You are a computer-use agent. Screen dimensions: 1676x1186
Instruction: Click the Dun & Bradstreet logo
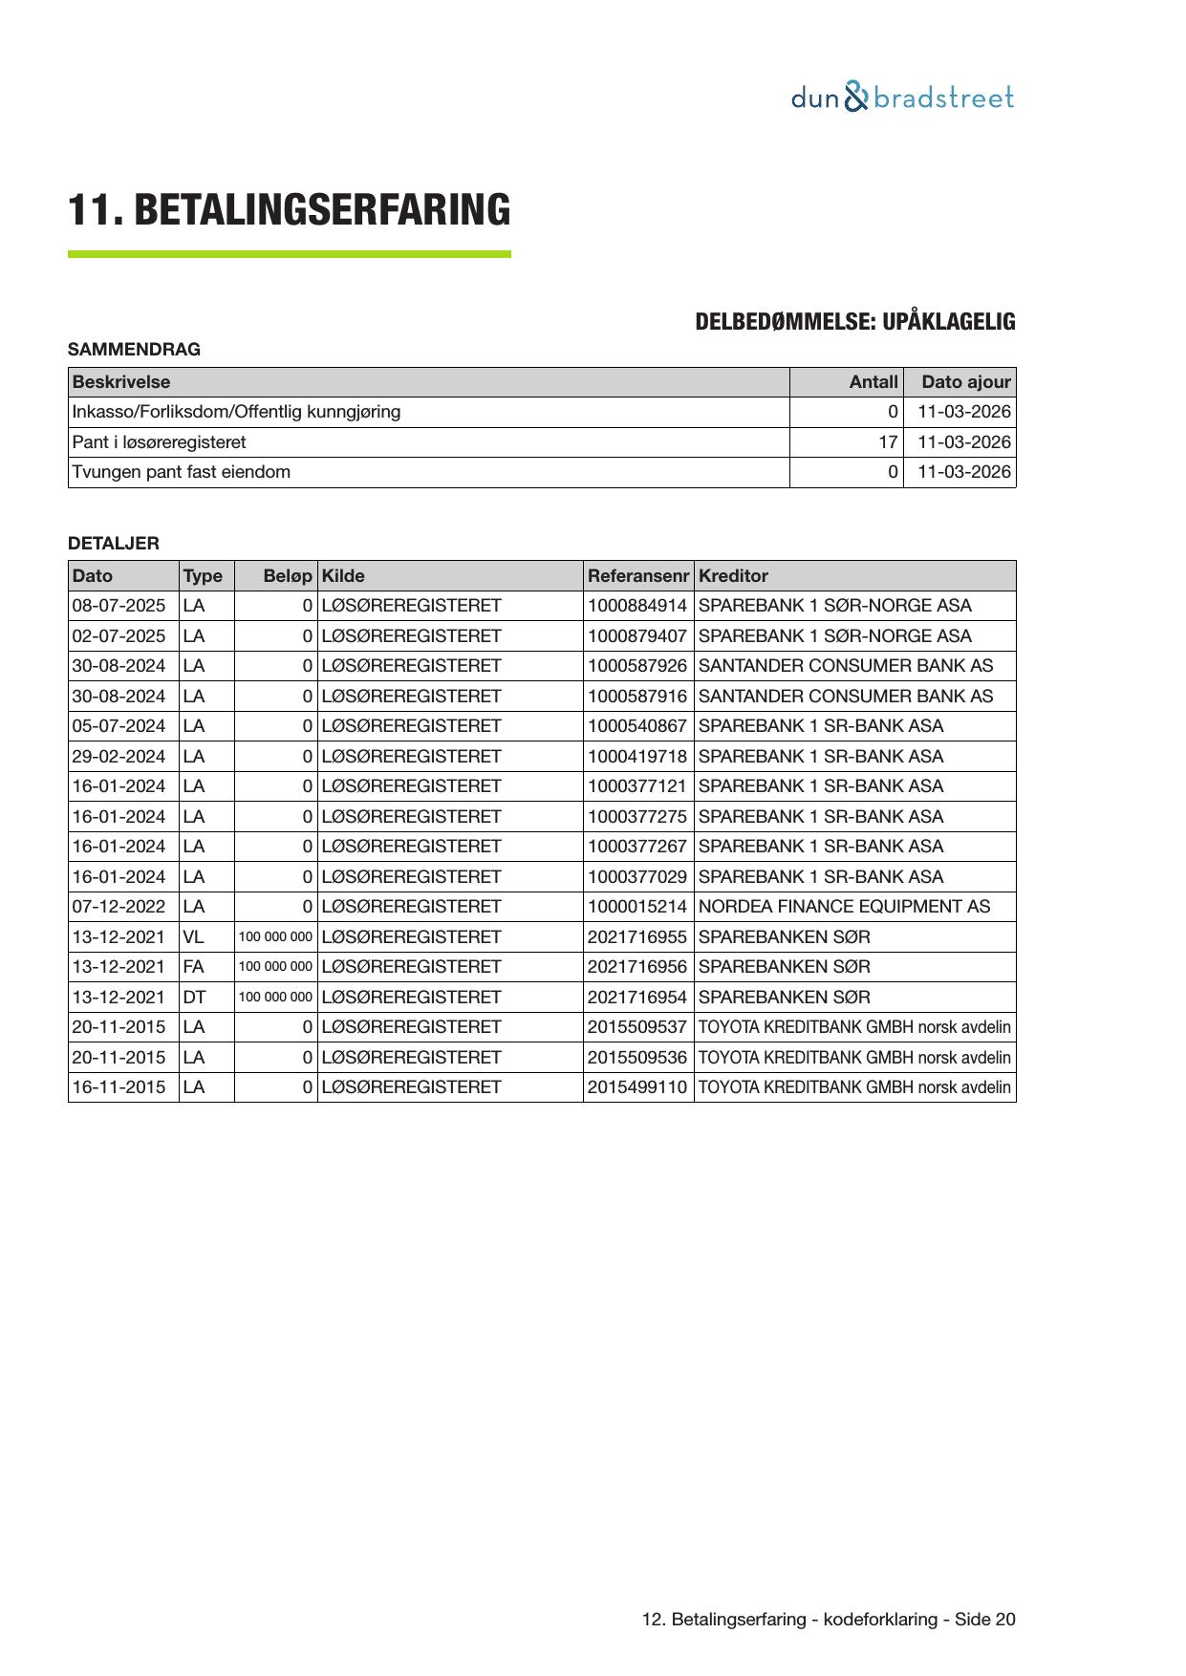(x=902, y=97)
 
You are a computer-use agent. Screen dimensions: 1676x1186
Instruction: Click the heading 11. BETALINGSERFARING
(x=289, y=210)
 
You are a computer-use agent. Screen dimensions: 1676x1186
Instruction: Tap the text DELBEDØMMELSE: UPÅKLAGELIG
(x=854, y=322)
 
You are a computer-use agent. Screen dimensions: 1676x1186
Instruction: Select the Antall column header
(x=873, y=382)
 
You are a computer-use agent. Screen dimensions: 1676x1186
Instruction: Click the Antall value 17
(x=888, y=442)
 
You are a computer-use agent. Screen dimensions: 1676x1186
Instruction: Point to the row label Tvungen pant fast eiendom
(x=182, y=472)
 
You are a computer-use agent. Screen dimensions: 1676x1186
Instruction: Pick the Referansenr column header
(x=637, y=576)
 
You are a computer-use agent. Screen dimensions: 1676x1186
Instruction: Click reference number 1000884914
(x=636, y=606)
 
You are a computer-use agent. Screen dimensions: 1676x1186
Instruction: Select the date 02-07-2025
(x=119, y=636)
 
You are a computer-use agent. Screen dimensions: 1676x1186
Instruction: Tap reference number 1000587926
(x=636, y=666)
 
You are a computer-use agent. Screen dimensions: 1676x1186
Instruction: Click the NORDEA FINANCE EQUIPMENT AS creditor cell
(x=844, y=907)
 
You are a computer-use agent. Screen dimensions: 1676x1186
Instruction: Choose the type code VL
(x=193, y=937)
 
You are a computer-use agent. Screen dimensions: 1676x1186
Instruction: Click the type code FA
(x=193, y=967)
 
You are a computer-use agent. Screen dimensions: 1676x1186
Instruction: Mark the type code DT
(x=194, y=998)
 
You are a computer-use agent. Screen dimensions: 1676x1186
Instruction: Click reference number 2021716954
(x=636, y=998)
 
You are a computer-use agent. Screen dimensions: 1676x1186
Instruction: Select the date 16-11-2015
(x=119, y=1087)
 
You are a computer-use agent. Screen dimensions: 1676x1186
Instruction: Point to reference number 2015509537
(x=636, y=1027)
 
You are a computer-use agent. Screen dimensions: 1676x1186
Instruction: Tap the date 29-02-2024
(x=119, y=757)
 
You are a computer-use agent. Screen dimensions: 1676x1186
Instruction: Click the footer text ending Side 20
(x=829, y=1620)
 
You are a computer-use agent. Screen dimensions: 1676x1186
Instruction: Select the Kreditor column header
(x=733, y=576)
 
